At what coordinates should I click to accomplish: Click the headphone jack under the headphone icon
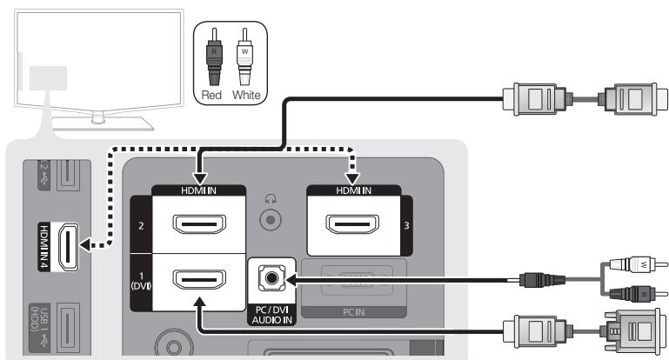[272, 219]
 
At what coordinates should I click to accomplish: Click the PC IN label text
[353, 310]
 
